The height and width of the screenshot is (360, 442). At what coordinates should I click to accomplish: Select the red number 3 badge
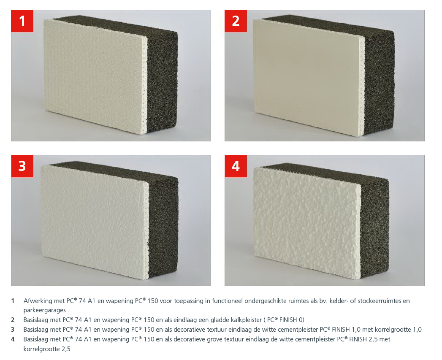[x=22, y=166]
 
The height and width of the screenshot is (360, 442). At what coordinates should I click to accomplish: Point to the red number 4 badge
[x=236, y=166]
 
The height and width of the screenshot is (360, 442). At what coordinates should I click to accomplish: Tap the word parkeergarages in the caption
[x=44, y=310]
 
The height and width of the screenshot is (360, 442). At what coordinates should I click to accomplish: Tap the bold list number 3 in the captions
[x=13, y=330]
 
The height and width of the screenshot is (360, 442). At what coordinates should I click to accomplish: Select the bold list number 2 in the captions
[x=13, y=320]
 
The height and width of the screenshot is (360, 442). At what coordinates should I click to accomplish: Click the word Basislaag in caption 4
[x=37, y=339]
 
